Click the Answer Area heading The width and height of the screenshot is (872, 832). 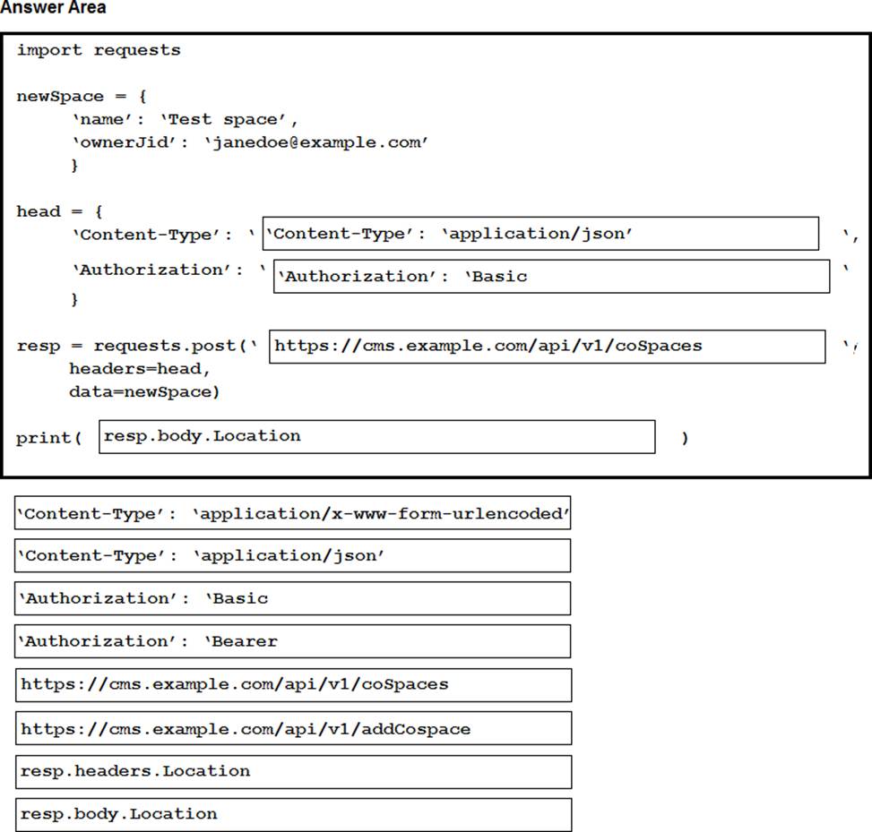(54, 8)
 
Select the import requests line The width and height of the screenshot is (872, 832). (99, 50)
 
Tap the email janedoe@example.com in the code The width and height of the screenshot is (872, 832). (316, 142)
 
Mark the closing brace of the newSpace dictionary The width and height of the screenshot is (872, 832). (74, 166)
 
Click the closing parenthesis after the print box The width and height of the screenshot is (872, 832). (685, 438)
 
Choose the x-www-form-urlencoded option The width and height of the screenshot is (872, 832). (292, 513)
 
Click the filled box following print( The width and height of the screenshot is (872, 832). (376, 437)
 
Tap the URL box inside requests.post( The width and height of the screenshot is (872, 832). (547, 347)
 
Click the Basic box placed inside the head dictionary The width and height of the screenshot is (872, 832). (552, 276)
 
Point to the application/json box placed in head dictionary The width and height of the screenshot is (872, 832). (540, 234)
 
